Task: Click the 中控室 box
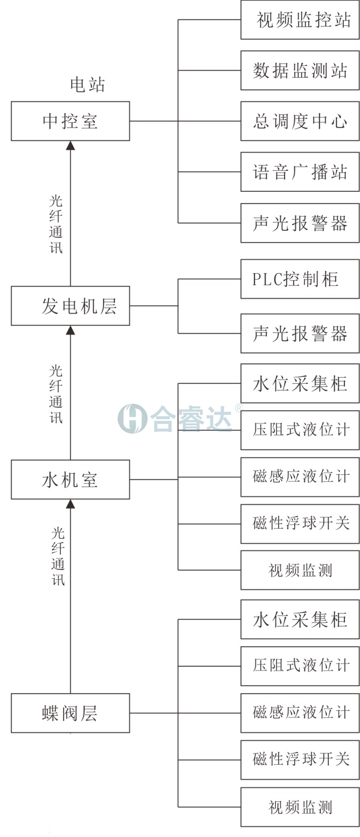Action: point(70,121)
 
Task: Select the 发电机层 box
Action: point(70,306)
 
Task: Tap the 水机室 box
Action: point(70,479)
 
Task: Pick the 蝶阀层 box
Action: point(70,713)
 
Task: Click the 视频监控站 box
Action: point(300,20)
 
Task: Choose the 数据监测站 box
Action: point(300,70)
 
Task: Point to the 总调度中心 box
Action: point(300,121)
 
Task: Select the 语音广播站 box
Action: point(300,172)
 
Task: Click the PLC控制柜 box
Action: point(300,279)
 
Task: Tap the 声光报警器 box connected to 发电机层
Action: point(300,333)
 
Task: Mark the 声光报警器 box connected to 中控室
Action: point(300,223)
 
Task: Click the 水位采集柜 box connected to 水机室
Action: point(300,383)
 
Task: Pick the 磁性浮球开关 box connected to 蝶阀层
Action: point(300,759)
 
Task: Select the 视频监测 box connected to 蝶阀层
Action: point(300,807)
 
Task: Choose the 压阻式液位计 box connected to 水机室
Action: point(300,430)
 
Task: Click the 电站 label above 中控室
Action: point(87,85)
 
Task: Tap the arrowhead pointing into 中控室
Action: point(71,145)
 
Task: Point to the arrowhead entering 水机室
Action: point(71,503)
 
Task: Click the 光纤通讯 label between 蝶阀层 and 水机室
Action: point(58,556)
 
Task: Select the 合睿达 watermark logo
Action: point(176,419)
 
